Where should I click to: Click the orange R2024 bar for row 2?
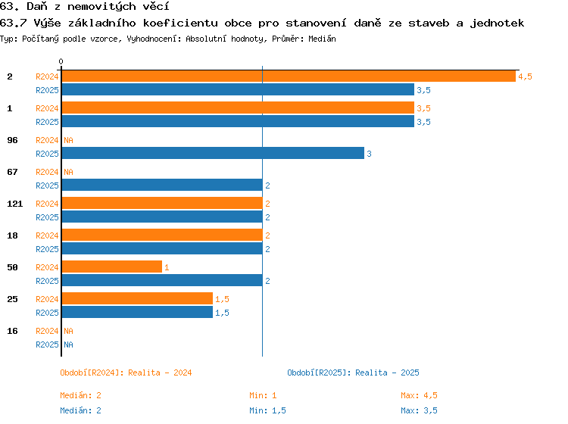tap(289, 76)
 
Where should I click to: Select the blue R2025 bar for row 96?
tap(213, 153)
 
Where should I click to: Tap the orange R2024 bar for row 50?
tap(112, 267)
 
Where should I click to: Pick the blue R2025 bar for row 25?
tap(137, 312)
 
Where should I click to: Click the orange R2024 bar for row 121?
tap(162, 203)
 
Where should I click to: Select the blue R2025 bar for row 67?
tap(162, 185)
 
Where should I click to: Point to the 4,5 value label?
tap(525, 76)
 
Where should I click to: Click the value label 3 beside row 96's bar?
tap(369, 154)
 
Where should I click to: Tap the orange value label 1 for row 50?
tap(167, 267)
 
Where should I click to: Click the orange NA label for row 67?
tap(68, 172)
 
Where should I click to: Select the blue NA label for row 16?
tap(68, 344)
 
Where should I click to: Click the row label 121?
tap(15, 204)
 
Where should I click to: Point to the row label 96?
tap(12, 140)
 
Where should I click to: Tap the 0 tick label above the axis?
tap(61, 61)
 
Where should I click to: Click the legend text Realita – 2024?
tap(160, 373)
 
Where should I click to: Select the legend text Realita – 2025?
tap(387, 373)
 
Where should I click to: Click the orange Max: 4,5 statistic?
tap(419, 395)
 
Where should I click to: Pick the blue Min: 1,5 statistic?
tap(267, 410)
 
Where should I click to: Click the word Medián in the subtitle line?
tap(322, 39)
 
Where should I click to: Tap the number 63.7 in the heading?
tap(13, 23)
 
